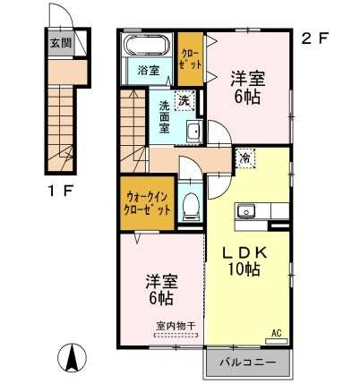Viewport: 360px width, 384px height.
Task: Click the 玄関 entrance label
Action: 61,43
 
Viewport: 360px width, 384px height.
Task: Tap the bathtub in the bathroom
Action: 148,46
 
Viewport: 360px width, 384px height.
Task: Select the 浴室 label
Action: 149,70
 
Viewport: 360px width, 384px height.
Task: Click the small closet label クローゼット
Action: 191,60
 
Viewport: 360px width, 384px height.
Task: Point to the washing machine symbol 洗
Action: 184,100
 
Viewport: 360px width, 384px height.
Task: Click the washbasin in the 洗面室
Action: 194,132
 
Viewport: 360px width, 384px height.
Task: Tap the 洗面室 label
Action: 164,117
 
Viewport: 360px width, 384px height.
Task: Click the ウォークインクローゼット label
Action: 147,203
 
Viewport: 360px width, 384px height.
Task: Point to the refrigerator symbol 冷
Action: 245,158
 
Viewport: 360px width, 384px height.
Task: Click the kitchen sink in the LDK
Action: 246,211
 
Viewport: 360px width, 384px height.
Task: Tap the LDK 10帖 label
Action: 244,261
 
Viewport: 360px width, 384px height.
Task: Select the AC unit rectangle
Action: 277,341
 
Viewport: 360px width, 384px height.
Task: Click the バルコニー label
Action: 247,363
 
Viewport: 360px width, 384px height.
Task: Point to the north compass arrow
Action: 73,357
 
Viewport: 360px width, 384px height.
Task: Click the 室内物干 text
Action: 176,325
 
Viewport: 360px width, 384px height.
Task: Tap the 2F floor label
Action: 314,38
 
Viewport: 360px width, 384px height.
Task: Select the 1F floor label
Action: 61,191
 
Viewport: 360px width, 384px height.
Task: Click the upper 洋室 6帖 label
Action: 247,88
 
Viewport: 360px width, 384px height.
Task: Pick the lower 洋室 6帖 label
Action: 161,289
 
